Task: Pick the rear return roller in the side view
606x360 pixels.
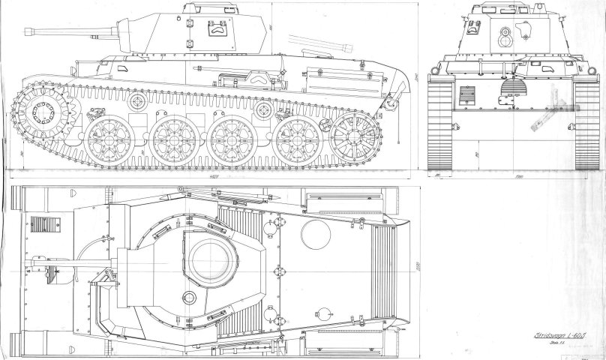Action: [262, 110]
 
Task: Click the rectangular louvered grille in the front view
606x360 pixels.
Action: [466, 97]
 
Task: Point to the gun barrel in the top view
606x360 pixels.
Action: [75, 264]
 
